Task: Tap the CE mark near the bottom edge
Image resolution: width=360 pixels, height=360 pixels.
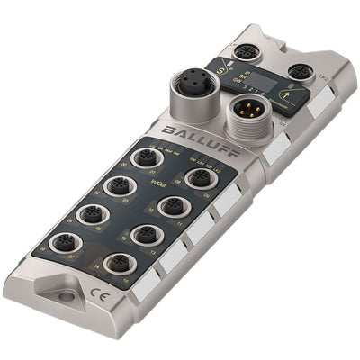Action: coord(94,290)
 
